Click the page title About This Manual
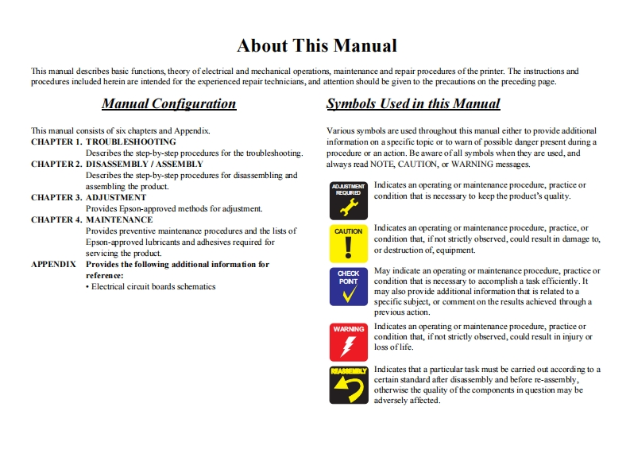[x=317, y=45]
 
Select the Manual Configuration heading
[x=168, y=103]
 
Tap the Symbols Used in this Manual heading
[x=413, y=103]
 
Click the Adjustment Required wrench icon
[x=349, y=200]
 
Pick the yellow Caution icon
[x=349, y=243]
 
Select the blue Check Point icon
[x=349, y=286]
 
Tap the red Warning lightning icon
[x=349, y=342]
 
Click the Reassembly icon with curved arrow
[x=349, y=385]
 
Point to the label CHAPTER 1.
[x=56, y=142]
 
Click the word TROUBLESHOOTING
[x=131, y=142]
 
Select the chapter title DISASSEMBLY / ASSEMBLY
[x=145, y=164]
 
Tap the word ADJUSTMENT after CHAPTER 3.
[x=116, y=197]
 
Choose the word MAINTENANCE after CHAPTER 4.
[x=119, y=219]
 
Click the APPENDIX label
[x=54, y=264]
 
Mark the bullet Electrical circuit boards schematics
[x=151, y=286]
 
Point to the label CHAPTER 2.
[x=56, y=164]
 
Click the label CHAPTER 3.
[x=56, y=197]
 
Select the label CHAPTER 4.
[x=56, y=219]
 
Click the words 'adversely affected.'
[x=407, y=400]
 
